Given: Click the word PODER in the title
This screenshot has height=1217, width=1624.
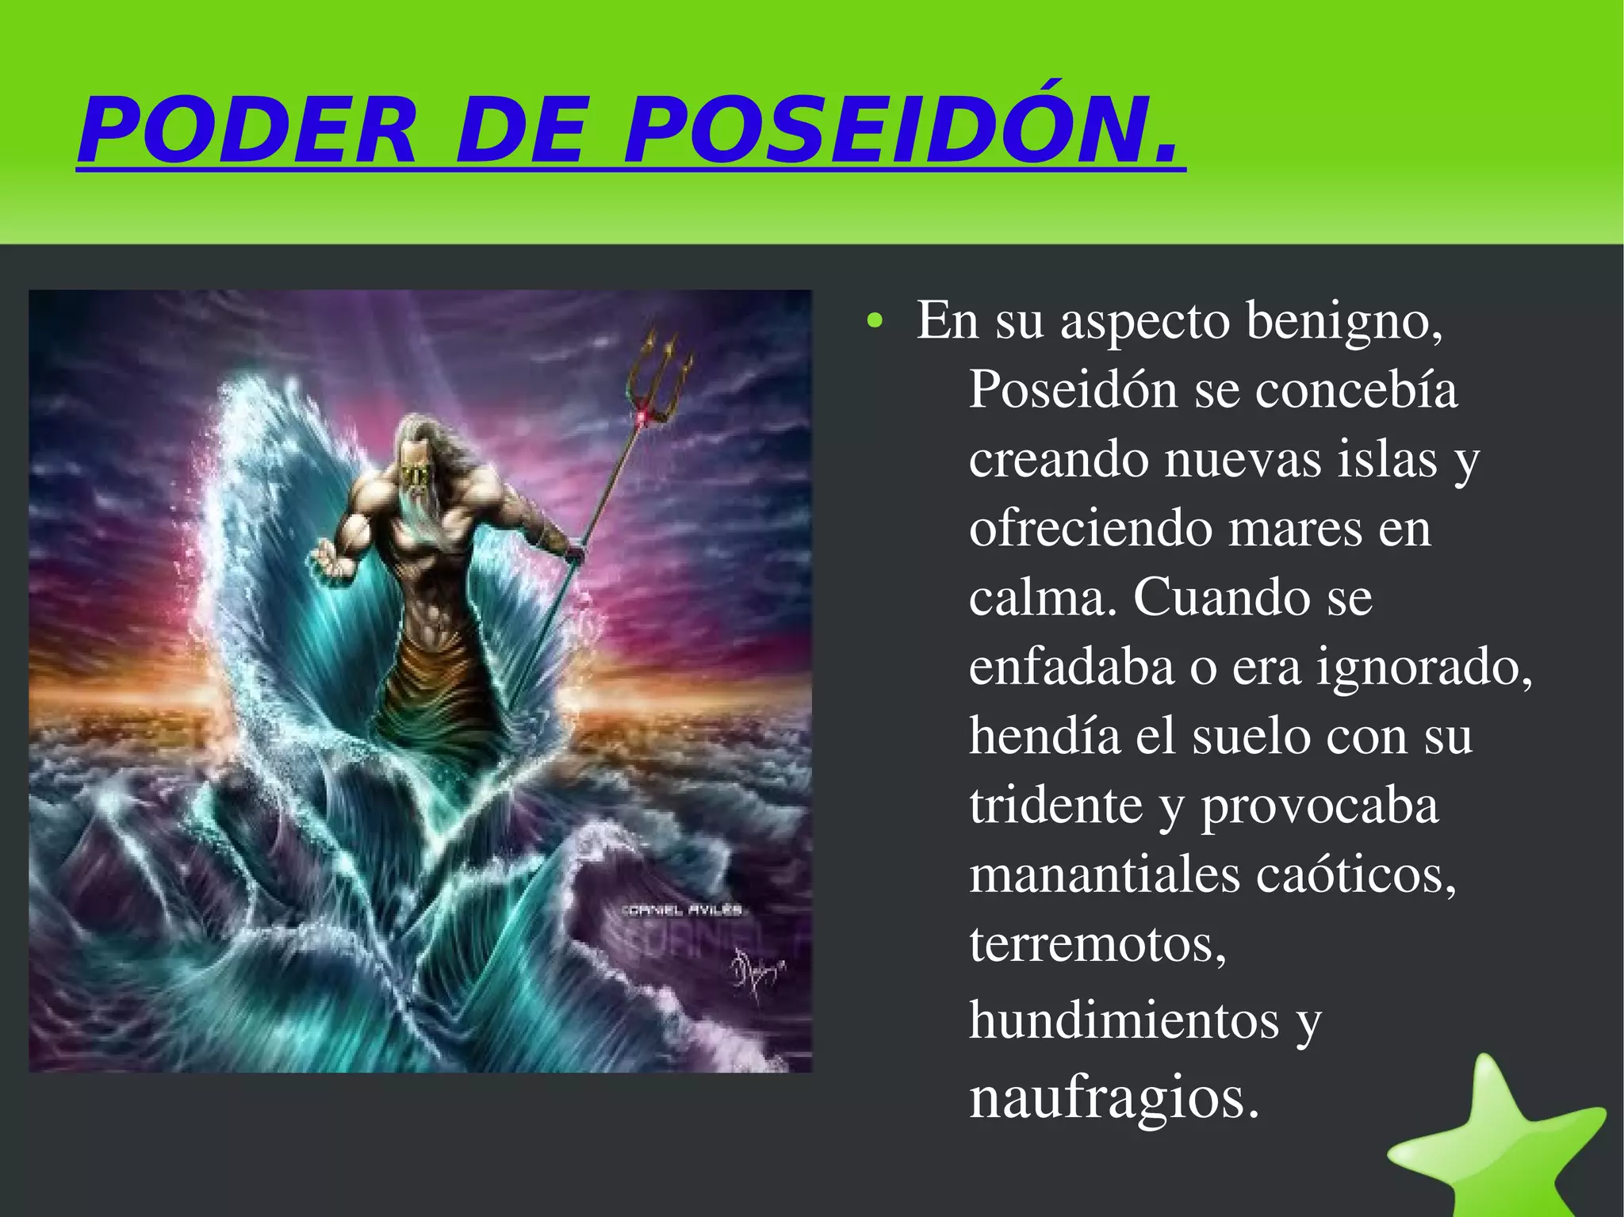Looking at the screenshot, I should (247, 131).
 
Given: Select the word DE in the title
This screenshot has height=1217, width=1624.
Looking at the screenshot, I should (520, 131).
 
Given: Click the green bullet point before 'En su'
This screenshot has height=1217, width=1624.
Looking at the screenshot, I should (874, 322).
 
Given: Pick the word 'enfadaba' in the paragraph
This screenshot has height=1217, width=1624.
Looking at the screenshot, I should (1071, 667).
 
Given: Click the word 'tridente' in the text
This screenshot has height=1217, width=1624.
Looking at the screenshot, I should (1055, 806).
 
